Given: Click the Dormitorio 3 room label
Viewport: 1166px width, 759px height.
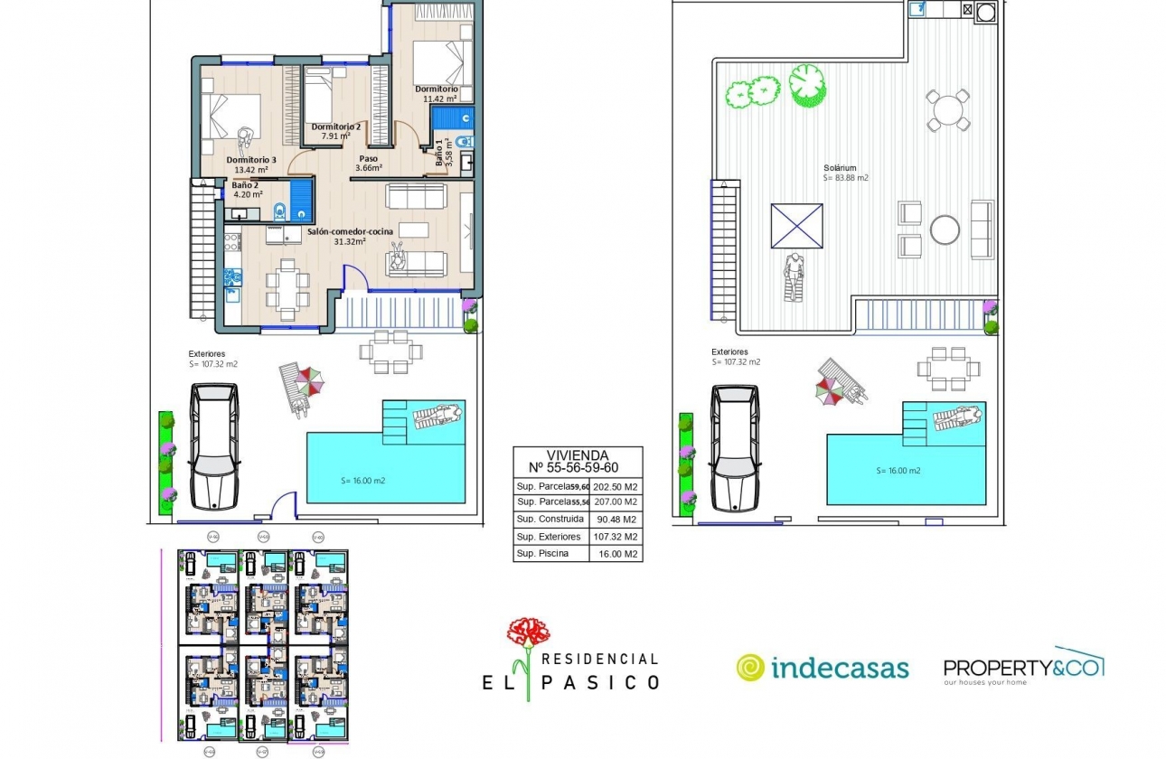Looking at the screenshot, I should coord(251,159).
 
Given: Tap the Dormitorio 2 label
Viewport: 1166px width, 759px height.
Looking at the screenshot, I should coord(336,126).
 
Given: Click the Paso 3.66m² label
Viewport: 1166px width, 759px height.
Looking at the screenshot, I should coord(369,163).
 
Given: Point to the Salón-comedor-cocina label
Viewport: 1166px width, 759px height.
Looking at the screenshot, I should coord(349,231).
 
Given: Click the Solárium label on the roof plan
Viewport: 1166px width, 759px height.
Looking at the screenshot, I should coord(840,168).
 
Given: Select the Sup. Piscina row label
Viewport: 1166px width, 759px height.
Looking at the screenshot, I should coord(542,554).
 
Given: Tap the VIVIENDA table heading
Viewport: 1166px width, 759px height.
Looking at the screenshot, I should coord(578,456).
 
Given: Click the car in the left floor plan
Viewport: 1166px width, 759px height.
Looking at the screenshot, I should coord(214,445).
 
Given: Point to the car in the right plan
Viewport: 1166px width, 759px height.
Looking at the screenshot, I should coord(735,447).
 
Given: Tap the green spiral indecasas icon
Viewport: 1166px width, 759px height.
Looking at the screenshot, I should coord(750,668).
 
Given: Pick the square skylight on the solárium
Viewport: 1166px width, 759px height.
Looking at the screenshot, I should coord(796,226).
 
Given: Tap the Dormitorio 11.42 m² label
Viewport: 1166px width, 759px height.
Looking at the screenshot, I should coord(437,94).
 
